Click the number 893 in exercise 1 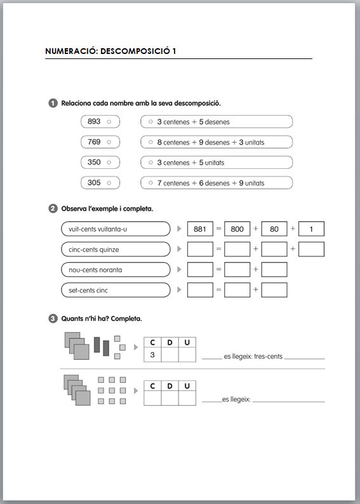pyautogui.click(x=94, y=121)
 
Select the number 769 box pyautogui.click(x=100, y=142)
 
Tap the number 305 pyautogui.click(x=94, y=183)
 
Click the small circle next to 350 pyautogui.click(x=109, y=162)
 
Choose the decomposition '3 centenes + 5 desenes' pyautogui.click(x=217, y=121)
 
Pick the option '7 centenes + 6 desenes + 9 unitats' pyautogui.click(x=217, y=183)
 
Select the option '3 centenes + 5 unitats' pyautogui.click(x=217, y=162)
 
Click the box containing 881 pyautogui.click(x=200, y=229)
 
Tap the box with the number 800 pyautogui.click(x=237, y=229)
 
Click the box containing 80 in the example pyautogui.click(x=274, y=229)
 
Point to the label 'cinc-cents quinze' pyautogui.click(x=94, y=249)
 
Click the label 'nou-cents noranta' pyautogui.click(x=95, y=270)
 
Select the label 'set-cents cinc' pyautogui.click(x=88, y=291)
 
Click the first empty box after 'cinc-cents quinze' pyautogui.click(x=200, y=249)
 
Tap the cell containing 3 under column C pyautogui.click(x=152, y=355)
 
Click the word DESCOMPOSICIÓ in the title pyautogui.click(x=138, y=51)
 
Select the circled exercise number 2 pyautogui.click(x=53, y=209)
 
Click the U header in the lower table pyautogui.click(x=187, y=386)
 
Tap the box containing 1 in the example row pyautogui.click(x=311, y=229)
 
